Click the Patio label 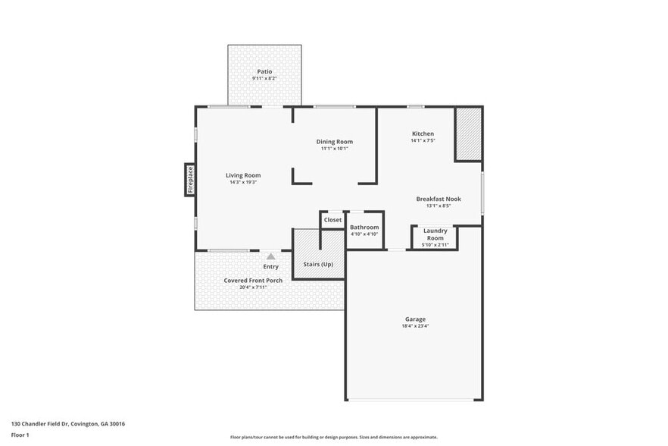coord(264,71)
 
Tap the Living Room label coord(243,175)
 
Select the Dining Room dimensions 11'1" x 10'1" coord(334,149)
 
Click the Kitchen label coord(423,133)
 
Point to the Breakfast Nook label coord(438,199)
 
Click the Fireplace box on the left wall coord(190,180)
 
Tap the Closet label coord(332,220)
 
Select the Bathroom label coord(364,227)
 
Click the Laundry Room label coord(435,234)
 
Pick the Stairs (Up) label coord(318,264)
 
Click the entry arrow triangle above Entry coord(270,256)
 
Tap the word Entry coord(270,266)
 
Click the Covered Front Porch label coord(253,280)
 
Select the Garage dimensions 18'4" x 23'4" coord(414,327)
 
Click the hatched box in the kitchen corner coord(468,133)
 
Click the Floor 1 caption coord(20,435)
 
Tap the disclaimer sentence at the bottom coord(334,437)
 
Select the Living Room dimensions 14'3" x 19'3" coord(243,182)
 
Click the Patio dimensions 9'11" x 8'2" coord(264,78)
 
